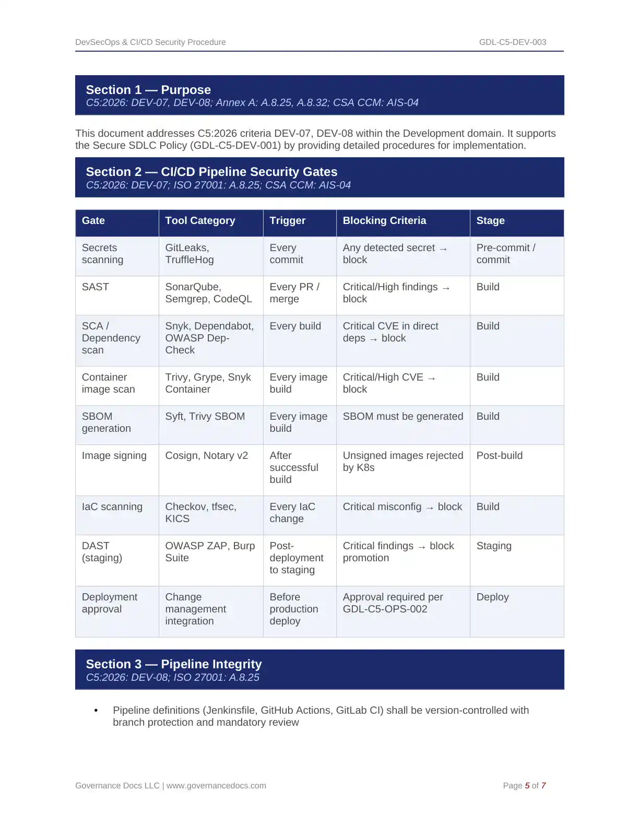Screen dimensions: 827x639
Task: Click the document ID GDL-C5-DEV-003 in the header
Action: point(512,42)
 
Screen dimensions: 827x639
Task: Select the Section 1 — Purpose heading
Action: point(148,90)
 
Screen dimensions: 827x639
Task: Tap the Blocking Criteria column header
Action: point(384,221)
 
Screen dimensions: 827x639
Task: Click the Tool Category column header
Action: point(200,221)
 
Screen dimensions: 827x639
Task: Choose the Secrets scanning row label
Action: point(102,254)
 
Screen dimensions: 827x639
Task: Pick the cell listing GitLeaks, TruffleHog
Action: point(189,254)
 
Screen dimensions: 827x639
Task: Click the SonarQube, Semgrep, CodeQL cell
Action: point(208,293)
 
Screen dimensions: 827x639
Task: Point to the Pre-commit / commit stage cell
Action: point(505,254)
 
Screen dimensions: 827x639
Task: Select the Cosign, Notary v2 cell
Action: point(206,456)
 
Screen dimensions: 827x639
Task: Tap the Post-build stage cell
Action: point(499,456)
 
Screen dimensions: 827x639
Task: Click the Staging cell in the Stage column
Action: point(494,546)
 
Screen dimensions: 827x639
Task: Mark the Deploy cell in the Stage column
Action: point(492,597)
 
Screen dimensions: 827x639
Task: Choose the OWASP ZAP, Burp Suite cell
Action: point(210,552)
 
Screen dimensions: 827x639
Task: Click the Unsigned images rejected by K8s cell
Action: point(403,462)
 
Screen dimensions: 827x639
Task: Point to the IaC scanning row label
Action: point(112,507)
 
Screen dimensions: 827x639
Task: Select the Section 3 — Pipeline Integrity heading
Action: point(174,664)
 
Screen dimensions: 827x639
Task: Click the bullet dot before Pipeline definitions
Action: point(96,711)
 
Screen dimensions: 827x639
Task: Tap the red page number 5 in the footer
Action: point(527,786)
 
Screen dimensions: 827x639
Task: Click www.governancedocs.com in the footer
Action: point(216,786)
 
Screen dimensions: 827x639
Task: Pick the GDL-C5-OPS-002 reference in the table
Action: point(385,609)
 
